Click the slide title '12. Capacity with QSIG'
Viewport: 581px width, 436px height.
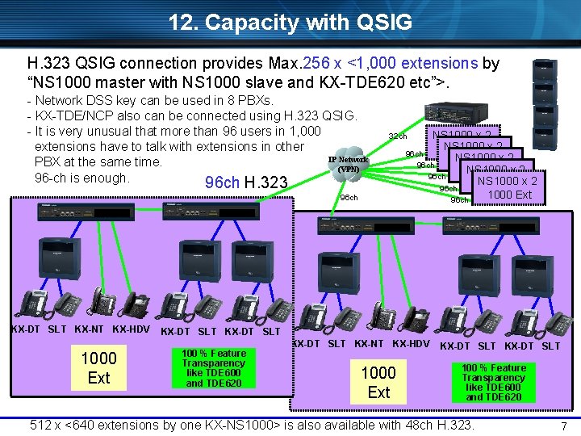point(290,22)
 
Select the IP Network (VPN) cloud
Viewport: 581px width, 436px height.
point(348,163)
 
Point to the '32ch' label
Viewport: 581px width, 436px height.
point(397,136)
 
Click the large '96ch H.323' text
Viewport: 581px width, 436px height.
point(247,184)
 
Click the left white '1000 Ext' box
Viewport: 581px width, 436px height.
point(98,367)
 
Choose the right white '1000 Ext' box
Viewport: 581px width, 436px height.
point(378,382)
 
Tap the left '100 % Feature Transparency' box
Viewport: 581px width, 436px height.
point(214,368)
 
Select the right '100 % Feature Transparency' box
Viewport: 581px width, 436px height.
point(493,383)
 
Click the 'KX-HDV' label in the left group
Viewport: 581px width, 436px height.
point(130,329)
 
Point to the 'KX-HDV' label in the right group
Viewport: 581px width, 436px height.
point(411,344)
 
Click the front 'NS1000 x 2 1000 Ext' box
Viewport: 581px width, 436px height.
point(509,188)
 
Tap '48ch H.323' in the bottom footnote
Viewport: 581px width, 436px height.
point(433,424)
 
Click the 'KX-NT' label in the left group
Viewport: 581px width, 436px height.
point(89,329)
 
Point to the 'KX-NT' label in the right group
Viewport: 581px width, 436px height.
point(370,344)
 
